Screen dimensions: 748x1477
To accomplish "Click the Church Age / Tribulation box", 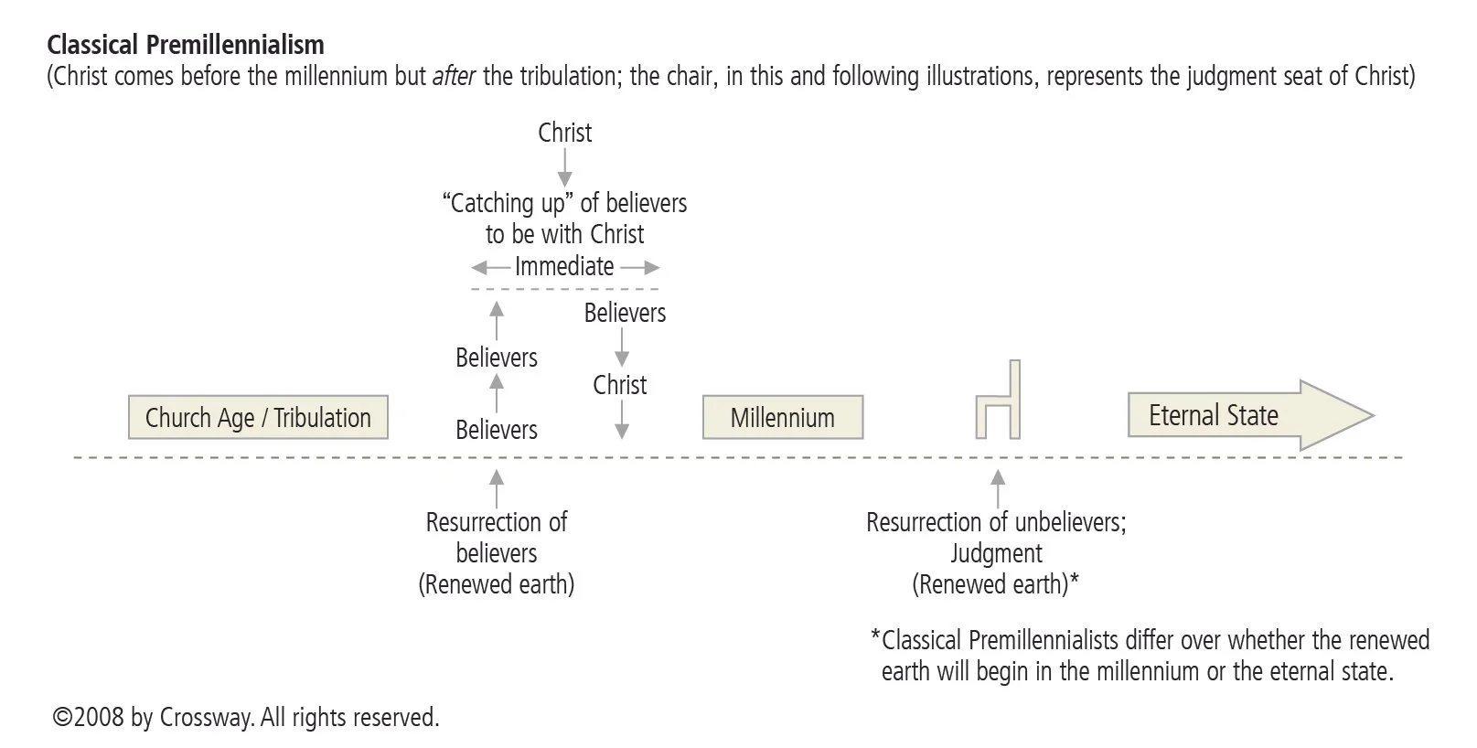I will [x=258, y=418].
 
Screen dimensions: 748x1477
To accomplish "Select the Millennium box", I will [x=782, y=418].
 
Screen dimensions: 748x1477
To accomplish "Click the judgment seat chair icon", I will [x=998, y=402].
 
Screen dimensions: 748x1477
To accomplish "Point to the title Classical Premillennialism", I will [x=186, y=44].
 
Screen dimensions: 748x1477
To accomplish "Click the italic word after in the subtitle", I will [x=454, y=76].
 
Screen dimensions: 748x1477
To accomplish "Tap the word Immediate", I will [x=564, y=267].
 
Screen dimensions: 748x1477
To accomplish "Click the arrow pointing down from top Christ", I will [x=565, y=167].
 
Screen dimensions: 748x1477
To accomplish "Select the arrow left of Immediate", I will [x=490, y=268].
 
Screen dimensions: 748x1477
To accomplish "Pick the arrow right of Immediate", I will [x=640, y=268].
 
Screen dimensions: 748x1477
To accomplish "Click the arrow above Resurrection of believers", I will [x=497, y=488].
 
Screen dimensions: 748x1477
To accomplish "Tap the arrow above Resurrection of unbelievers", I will [x=998, y=488].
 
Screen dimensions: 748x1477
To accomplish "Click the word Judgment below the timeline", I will [x=996, y=553].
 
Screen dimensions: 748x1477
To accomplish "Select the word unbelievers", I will [x=1062, y=522].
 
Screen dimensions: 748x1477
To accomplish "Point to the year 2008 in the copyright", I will [x=99, y=718].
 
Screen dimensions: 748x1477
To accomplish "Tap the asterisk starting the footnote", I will [x=875, y=638].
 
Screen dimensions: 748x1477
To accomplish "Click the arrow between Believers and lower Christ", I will [x=622, y=347].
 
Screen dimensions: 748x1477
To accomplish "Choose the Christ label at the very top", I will [x=565, y=134].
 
